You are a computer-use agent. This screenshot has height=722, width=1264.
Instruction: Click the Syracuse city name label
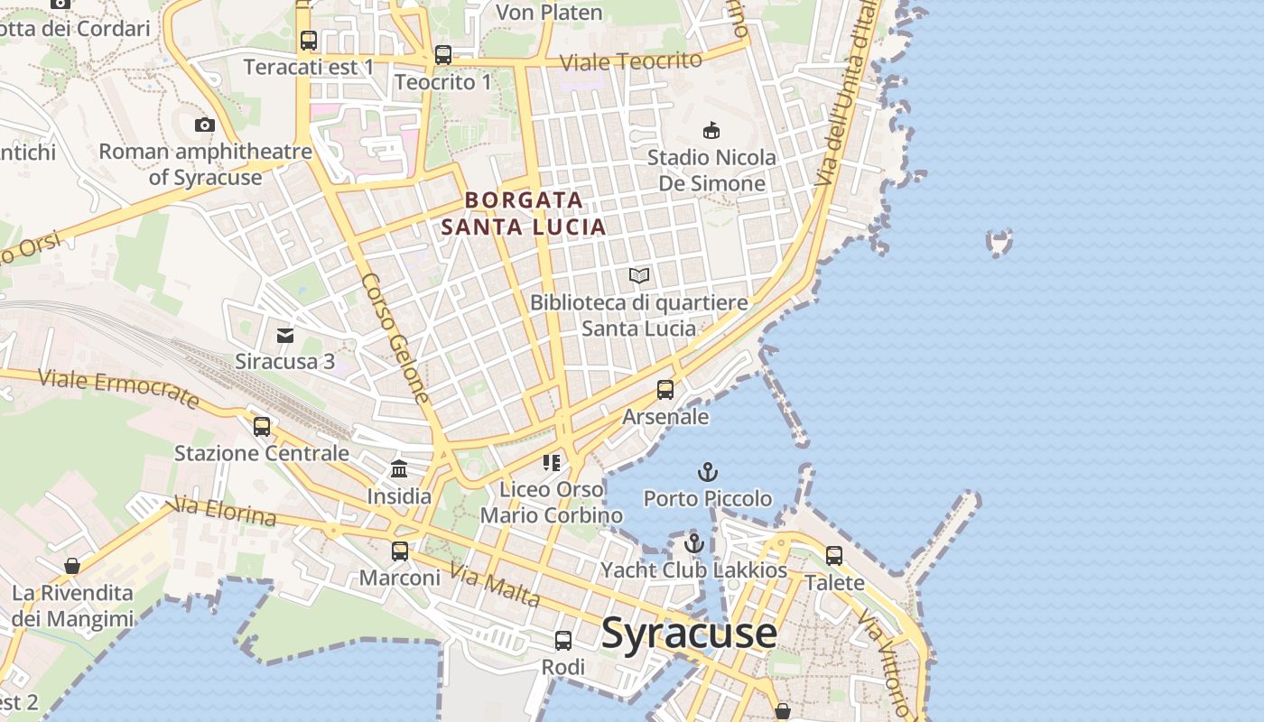(688, 633)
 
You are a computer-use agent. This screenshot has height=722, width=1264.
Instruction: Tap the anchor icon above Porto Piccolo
(708, 472)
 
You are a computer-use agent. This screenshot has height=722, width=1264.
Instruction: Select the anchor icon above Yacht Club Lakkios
(693, 543)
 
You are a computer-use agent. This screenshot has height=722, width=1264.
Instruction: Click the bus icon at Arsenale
(665, 390)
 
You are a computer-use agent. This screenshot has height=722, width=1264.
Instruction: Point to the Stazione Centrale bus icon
(262, 426)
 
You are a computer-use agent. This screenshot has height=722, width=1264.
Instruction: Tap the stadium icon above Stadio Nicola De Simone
(711, 131)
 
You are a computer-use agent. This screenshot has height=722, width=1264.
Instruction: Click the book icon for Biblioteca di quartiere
(639, 275)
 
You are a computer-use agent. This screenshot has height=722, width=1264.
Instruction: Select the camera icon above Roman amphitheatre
(205, 125)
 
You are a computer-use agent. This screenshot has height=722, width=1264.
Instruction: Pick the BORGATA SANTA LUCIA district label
(524, 213)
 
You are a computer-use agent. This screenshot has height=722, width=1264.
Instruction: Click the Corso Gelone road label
(395, 338)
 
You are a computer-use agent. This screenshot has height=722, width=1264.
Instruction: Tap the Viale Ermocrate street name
(118, 387)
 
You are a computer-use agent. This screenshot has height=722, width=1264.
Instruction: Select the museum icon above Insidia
(399, 469)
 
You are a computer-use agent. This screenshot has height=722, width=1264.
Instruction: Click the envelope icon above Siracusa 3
(285, 336)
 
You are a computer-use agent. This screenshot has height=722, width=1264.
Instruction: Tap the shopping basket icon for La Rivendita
(72, 566)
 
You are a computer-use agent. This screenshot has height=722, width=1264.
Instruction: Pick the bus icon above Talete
(834, 556)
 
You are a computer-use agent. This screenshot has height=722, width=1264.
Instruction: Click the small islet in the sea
(999, 242)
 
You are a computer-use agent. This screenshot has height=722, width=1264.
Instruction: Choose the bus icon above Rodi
(563, 641)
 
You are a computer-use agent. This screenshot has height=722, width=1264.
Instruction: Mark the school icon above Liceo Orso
(552, 463)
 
